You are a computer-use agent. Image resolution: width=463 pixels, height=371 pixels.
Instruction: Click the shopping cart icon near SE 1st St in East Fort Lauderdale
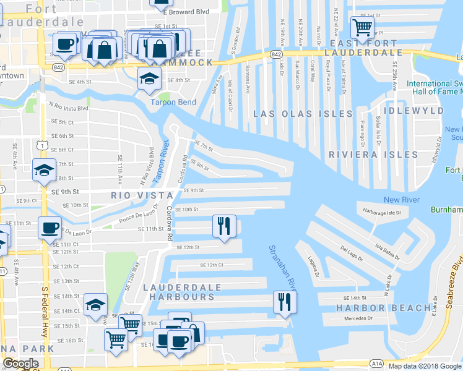362,27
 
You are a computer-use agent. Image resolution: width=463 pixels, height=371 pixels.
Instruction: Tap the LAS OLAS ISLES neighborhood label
303,114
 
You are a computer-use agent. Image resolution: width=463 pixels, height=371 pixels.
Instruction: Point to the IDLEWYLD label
413,111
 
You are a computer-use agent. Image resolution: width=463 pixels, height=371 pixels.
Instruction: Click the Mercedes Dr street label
359,319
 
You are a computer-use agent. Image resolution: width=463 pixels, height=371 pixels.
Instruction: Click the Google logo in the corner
20,364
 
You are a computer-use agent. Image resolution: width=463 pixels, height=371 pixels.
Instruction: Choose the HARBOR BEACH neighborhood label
384,308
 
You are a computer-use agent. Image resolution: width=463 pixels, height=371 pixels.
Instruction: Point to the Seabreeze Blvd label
457,272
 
